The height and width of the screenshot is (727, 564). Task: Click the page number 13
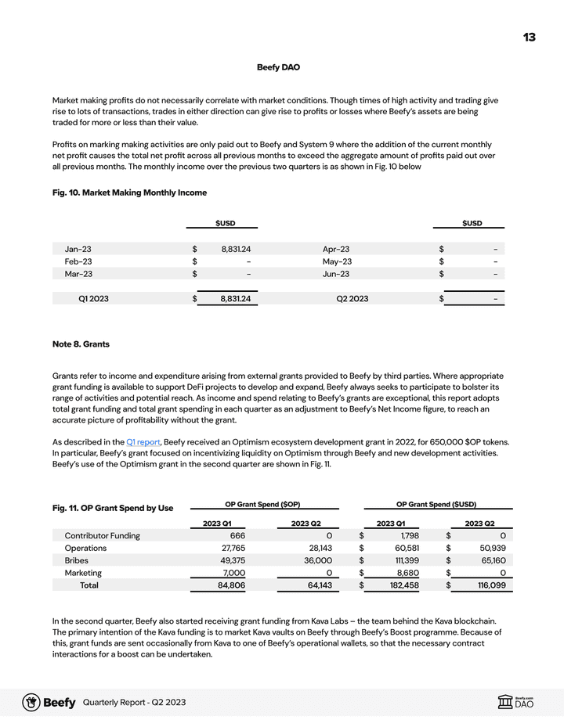(530, 38)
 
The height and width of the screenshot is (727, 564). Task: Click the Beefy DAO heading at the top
(278, 67)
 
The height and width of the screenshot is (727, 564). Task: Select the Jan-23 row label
(78, 249)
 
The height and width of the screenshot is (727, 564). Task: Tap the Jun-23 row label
(336, 274)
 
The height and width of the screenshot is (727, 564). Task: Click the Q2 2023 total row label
(352, 298)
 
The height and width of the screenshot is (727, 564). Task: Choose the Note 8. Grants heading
(81, 344)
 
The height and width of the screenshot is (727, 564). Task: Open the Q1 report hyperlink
(143, 442)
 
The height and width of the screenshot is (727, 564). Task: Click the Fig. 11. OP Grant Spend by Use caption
(113, 509)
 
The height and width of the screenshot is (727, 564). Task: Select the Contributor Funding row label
(103, 535)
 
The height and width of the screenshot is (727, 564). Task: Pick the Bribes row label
(77, 560)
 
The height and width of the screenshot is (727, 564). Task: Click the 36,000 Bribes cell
(317, 560)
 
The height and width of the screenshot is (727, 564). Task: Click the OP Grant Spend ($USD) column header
(436, 504)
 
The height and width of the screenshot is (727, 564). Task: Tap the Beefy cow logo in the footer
(31, 702)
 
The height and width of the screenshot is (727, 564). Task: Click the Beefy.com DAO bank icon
(506, 703)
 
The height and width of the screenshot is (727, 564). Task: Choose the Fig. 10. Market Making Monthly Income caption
(129, 193)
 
